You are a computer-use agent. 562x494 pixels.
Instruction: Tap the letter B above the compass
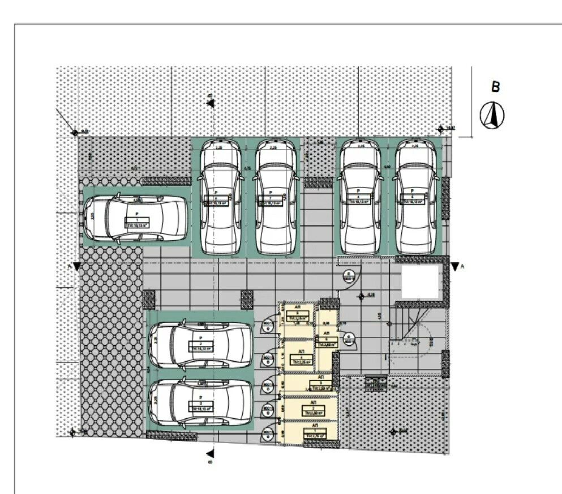(x=496, y=87)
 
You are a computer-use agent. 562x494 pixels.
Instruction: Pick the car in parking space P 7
(x=275, y=197)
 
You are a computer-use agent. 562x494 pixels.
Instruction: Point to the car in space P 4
(x=359, y=197)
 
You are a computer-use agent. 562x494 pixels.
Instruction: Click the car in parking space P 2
(x=200, y=345)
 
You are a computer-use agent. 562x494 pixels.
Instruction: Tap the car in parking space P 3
(x=200, y=402)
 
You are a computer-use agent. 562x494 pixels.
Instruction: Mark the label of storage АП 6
(x=327, y=342)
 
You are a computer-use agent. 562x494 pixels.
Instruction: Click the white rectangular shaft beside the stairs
(x=421, y=282)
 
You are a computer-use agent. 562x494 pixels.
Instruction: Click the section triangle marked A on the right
(x=454, y=266)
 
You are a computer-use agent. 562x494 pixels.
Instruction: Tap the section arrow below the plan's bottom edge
(x=210, y=453)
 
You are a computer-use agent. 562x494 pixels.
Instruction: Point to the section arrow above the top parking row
(x=210, y=103)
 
